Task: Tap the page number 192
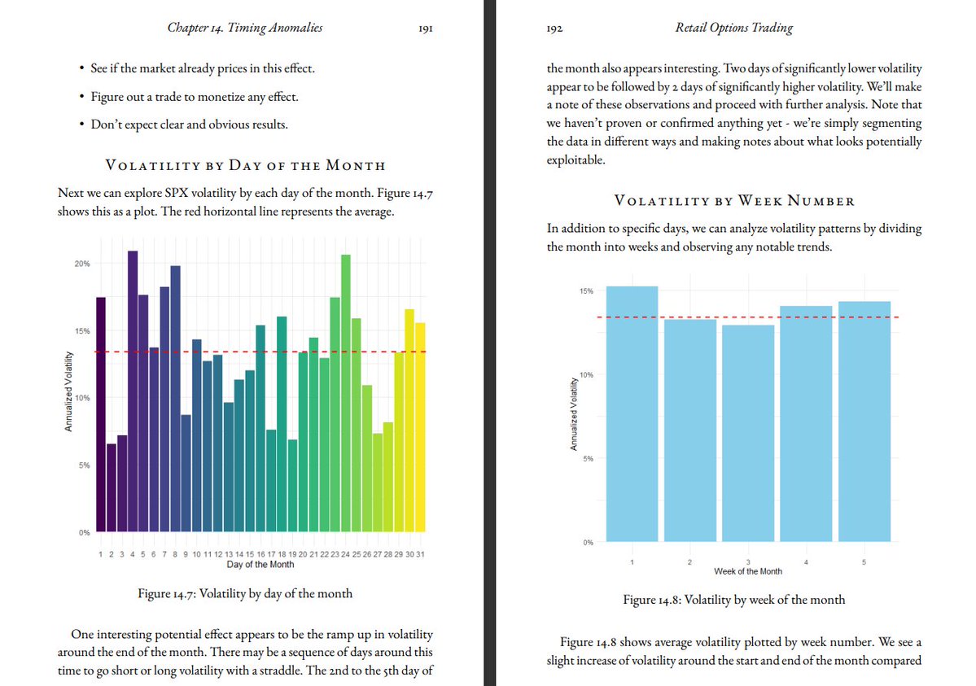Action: click(556, 28)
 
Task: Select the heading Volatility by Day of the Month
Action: click(245, 165)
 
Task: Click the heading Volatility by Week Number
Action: click(733, 200)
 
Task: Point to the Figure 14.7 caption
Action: click(245, 593)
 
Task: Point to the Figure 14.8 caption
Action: click(733, 600)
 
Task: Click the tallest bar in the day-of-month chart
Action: click(133, 391)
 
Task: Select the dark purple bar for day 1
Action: click(101, 415)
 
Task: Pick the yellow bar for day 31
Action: click(420, 427)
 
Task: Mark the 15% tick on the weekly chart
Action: click(586, 291)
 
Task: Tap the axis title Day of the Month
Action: click(260, 564)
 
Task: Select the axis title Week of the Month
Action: click(747, 571)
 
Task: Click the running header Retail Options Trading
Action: click(733, 28)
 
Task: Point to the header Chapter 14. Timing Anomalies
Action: click(244, 28)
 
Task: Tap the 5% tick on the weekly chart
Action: click(588, 458)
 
